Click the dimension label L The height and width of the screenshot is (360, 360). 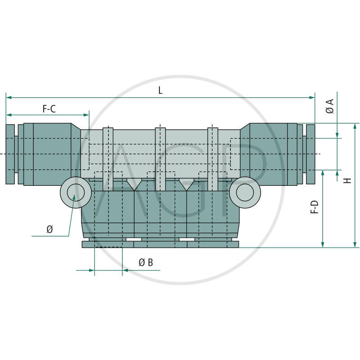[160, 90]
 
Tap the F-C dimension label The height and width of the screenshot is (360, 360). [49, 109]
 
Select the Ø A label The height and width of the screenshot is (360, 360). [330, 106]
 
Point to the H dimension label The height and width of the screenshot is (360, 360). [348, 180]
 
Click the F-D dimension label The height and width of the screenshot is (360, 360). [315, 207]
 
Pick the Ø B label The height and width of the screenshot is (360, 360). [146, 262]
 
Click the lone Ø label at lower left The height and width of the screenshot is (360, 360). [49, 229]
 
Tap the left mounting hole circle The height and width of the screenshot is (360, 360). [76, 193]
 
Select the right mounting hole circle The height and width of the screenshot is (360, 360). [245, 193]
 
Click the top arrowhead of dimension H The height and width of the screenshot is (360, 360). [355, 126]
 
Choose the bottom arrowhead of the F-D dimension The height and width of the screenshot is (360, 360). [323, 245]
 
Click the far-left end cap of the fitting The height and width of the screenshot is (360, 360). [10, 154]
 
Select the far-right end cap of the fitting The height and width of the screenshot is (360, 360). [310, 154]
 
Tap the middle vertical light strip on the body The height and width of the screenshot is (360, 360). [160, 159]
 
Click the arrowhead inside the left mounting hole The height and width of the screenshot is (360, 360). [74, 197]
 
